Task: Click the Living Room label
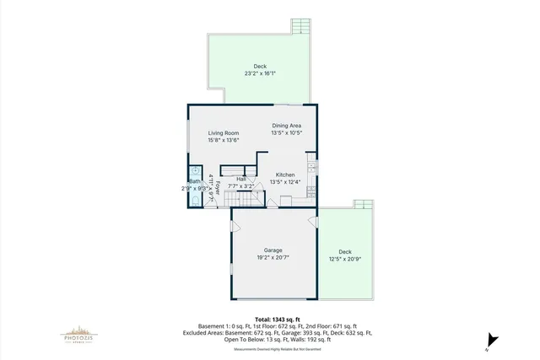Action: [224, 132]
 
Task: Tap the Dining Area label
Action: [286, 126]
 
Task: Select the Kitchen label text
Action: [285, 175]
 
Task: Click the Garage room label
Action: [273, 250]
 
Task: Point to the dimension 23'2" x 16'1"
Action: [260, 73]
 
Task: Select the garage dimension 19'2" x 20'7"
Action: [273, 257]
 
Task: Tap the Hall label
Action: [241, 179]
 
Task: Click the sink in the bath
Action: [195, 169]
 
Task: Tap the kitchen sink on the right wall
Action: [311, 169]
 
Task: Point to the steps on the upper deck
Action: [301, 26]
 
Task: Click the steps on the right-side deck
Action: [363, 204]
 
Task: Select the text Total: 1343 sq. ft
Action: [271, 319]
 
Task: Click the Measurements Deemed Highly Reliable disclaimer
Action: [270, 348]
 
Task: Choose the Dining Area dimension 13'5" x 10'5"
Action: [286, 132]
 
